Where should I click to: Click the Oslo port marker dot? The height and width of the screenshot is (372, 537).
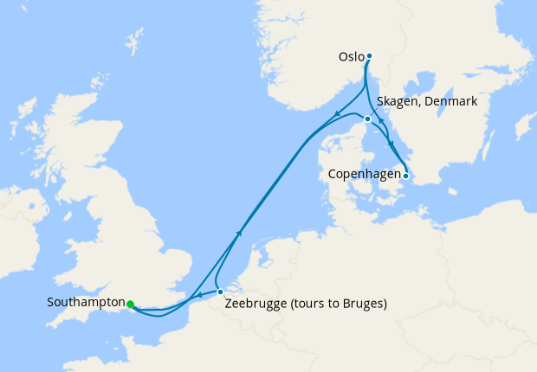pyautogui.click(x=369, y=56)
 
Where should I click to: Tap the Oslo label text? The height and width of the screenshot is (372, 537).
pyautogui.click(x=351, y=58)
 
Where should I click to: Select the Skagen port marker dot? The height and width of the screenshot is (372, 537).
pyautogui.click(x=368, y=119)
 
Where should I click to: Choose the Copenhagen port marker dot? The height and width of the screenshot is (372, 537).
pyautogui.click(x=406, y=175)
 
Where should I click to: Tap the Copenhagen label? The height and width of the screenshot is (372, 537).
pyautogui.click(x=364, y=174)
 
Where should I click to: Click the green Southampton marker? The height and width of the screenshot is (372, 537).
pyautogui.click(x=130, y=304)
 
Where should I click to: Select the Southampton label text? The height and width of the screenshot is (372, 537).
pyautogui.click(x=86, y=303)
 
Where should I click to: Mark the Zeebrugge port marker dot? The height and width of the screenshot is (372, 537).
pyautogui.click(x=220, y=292)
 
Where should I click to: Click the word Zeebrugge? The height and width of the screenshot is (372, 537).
pyautogui.click(x=256, y=304)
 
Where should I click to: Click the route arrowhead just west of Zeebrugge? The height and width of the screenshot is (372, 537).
pyautogui.click(x=201, y=296)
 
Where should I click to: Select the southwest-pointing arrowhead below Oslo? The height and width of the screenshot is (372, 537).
pyautogui.click(x=335, y=116)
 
